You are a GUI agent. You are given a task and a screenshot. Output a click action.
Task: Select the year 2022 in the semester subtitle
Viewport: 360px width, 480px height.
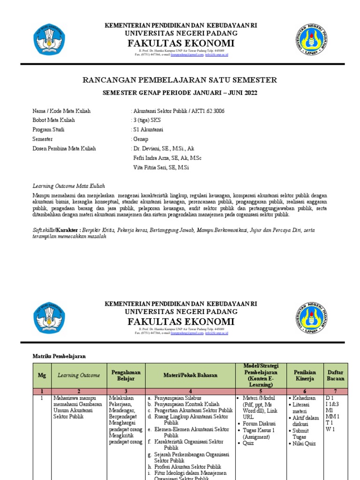coord(249,93)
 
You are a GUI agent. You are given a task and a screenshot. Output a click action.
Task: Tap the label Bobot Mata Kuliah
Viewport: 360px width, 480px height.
coord(53,120)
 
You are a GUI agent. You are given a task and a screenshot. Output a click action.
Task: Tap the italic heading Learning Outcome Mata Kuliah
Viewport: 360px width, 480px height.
coord(68,186)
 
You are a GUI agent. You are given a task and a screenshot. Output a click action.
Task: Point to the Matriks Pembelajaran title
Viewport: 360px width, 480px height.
coord(59,356)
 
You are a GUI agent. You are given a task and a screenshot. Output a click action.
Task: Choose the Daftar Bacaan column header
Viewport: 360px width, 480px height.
coord(336,375)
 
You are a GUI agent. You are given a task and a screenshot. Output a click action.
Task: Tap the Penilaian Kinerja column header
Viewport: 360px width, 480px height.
coord(304,375)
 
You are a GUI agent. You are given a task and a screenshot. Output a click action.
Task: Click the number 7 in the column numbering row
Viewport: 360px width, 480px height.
coord(336,391)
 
